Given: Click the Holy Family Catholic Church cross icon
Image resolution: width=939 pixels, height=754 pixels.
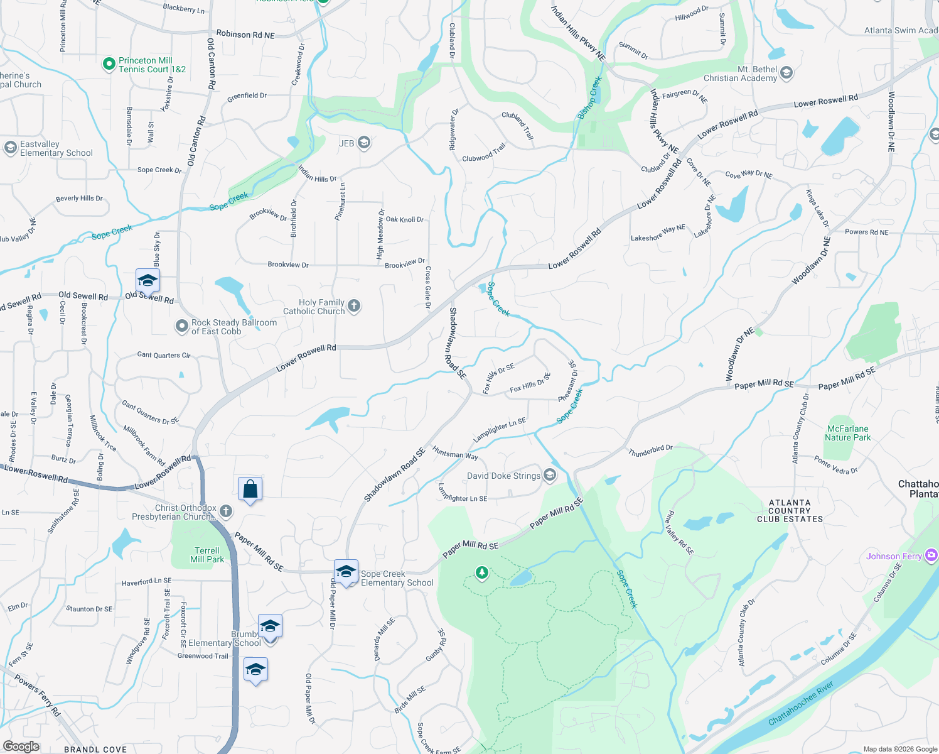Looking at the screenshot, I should point(354,306).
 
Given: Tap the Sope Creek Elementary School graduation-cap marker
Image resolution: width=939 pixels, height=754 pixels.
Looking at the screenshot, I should point(346,572).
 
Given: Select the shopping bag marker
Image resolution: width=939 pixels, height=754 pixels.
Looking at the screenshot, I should point(250,489).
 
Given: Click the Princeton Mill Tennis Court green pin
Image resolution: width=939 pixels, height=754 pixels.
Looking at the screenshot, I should point(109,64).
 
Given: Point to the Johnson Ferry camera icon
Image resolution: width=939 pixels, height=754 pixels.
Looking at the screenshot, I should point(931,555).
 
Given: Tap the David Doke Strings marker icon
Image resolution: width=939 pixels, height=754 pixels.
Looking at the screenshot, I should point(550,475).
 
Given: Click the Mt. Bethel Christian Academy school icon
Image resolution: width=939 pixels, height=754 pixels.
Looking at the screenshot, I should point(786,74).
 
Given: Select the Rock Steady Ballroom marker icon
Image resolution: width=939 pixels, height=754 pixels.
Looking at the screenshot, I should point(181,326).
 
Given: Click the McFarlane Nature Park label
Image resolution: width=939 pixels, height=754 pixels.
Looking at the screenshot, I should point(848,433).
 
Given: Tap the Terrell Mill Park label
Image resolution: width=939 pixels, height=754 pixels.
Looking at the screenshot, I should point(207,555).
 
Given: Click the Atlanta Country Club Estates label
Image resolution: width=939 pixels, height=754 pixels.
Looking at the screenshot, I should point(790,511).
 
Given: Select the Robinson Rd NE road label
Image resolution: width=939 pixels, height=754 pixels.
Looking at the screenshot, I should point(245,35).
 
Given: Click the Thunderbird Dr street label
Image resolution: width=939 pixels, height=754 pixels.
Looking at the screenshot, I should point(650,450).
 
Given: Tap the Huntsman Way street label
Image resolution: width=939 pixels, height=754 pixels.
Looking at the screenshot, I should point(455,452).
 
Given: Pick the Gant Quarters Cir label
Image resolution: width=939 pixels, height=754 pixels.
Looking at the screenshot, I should point(163,355).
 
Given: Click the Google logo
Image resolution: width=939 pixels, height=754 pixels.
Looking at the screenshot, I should point(21,746).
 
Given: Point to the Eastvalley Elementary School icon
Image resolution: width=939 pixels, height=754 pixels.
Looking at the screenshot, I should point(10,148).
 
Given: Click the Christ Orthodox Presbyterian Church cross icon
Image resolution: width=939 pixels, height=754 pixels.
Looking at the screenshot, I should point(226,511).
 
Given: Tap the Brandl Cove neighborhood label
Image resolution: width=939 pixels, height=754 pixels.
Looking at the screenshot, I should point(95,749).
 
